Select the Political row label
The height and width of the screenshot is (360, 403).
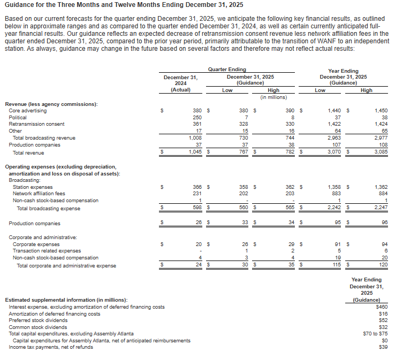[x=18, y=117]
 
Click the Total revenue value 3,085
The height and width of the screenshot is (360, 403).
[x=381, y=152]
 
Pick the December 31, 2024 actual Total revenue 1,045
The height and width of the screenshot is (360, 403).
[x=195, y=152]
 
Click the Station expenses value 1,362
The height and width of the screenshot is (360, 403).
[x=381, y=187]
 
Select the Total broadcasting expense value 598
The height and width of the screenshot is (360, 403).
[x=197, y=208]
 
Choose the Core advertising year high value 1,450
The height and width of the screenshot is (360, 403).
[x=381, y=110]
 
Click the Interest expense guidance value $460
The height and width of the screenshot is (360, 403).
[x=381, y=307]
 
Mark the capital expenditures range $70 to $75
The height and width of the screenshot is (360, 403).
[x=375, y=333]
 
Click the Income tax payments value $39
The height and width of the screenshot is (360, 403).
[x=383, y=347]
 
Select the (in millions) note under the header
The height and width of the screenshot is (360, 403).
[x=273, y=97]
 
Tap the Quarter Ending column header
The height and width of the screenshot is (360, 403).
[x=227, y=70]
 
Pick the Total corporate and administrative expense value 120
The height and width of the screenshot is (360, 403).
[x=383, y=265]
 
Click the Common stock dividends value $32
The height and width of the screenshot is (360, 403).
[x=383, y=327]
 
